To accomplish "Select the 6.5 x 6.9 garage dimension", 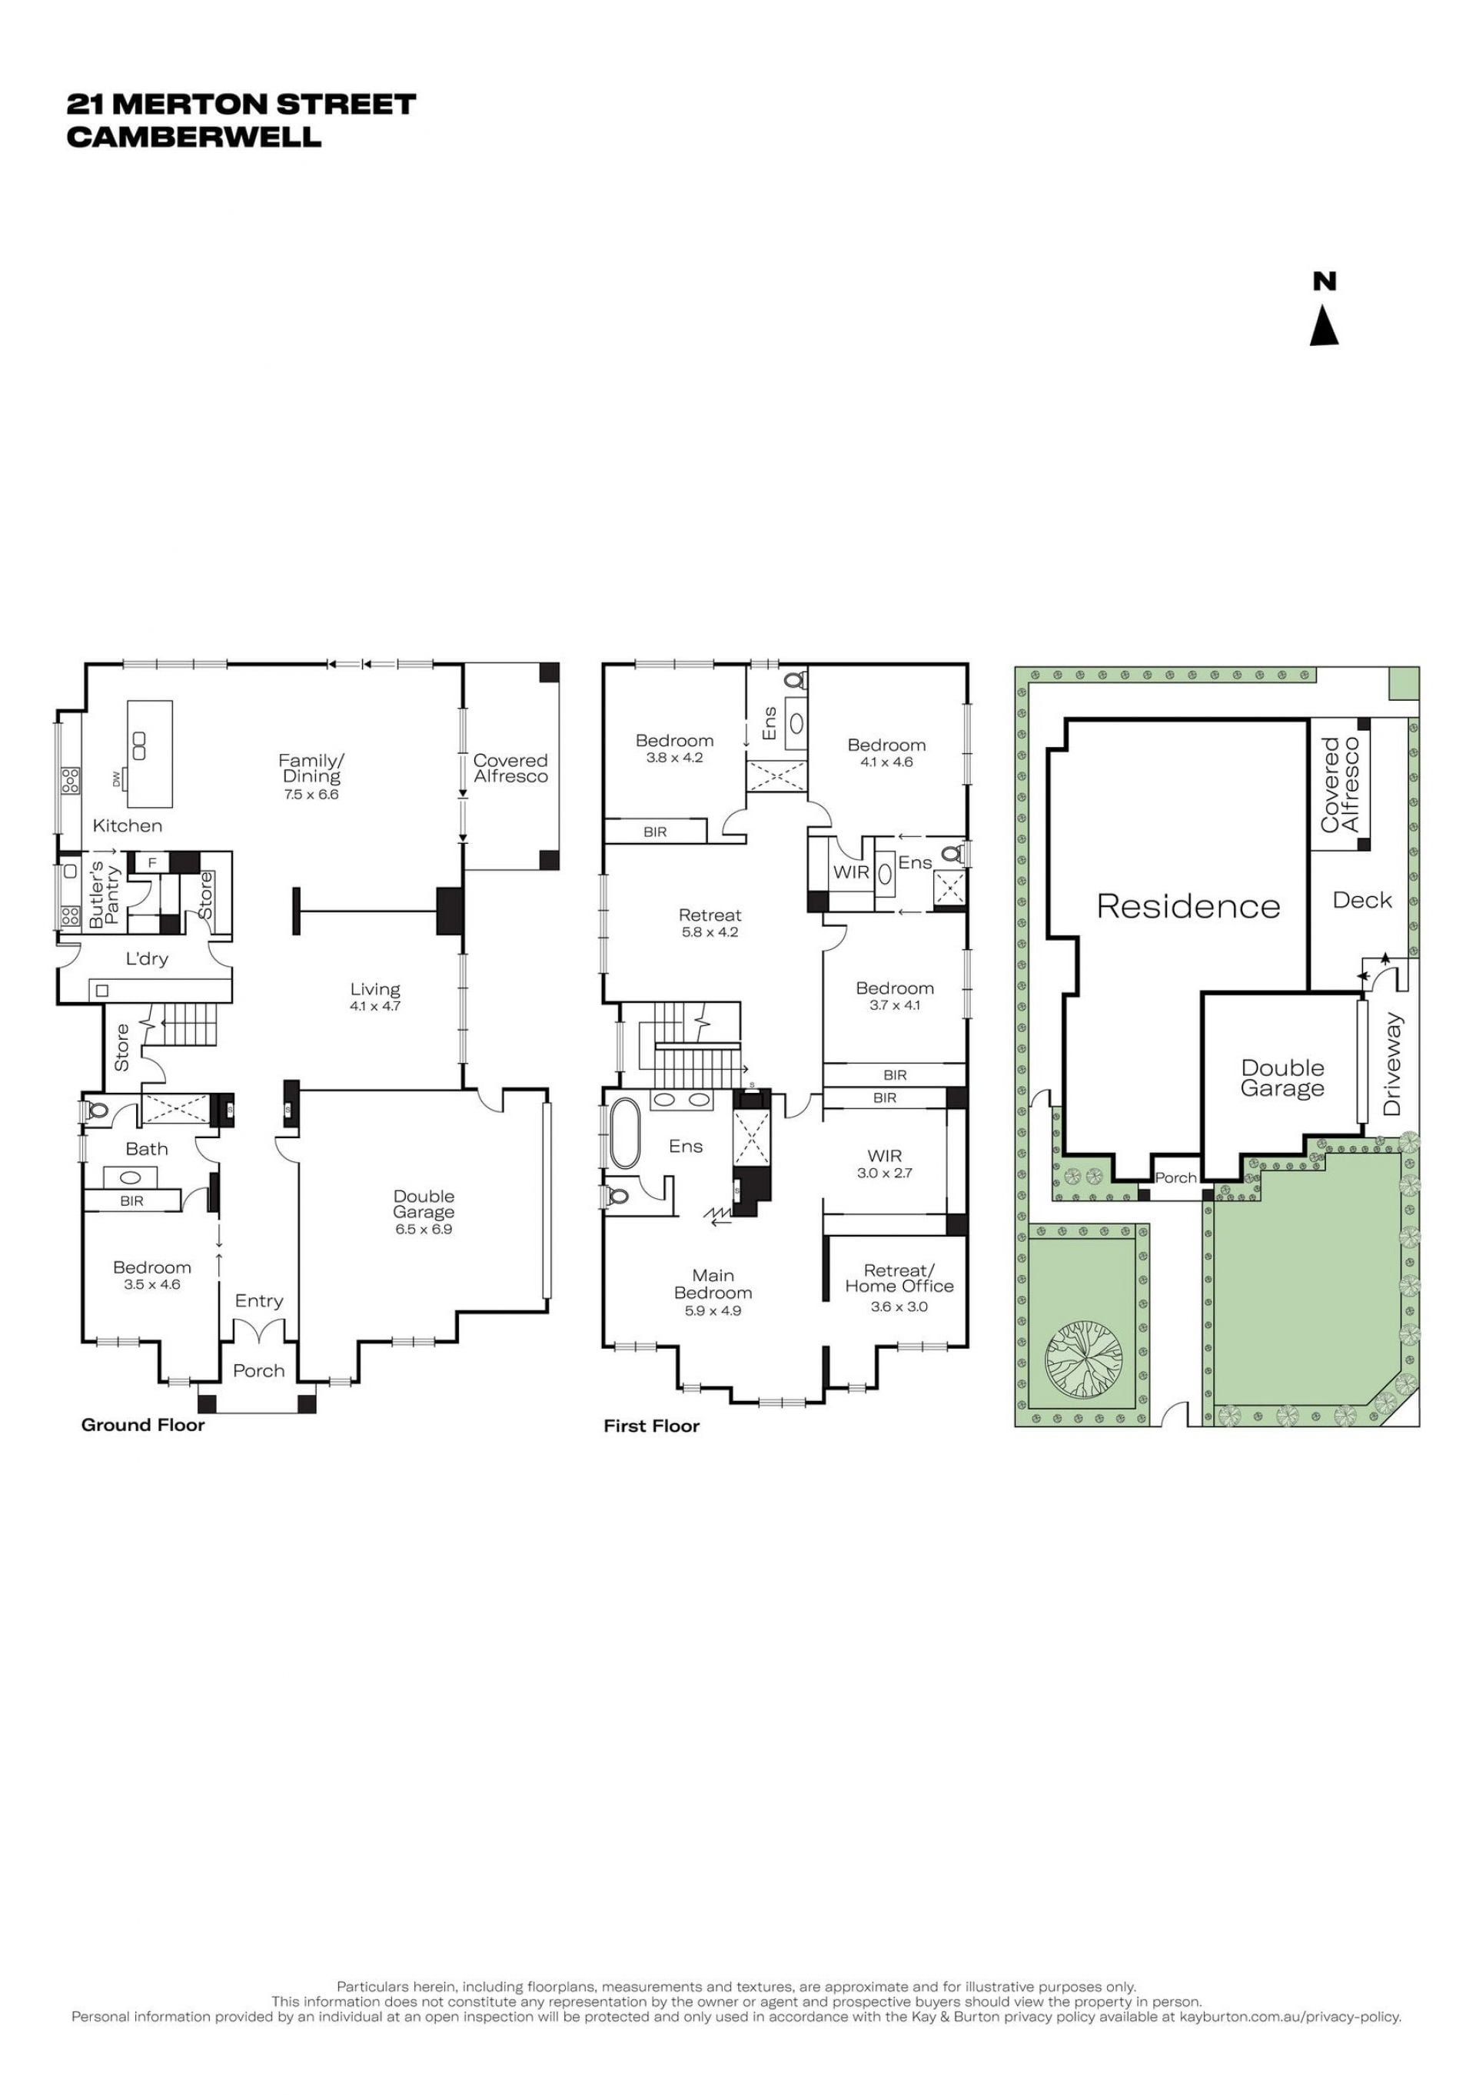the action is (424, 1229).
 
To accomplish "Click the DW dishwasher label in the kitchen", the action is (116, 779).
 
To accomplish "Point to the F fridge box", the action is (152, 862).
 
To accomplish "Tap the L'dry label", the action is (147, 960).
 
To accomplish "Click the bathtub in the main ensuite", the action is (624, 1134).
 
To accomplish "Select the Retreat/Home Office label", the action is (899, 1278).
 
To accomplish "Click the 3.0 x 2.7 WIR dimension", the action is (885, 1174).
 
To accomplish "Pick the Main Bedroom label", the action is (713, 1284).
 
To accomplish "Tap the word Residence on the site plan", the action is (1188, 906).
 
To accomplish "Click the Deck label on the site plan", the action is (1362, 901).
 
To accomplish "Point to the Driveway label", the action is (1392, 1064).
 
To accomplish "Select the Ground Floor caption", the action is (143, 1426).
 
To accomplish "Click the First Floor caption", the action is (652, 1426).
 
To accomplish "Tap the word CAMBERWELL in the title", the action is (194, 137).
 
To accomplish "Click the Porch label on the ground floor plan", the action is (258, 1370).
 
